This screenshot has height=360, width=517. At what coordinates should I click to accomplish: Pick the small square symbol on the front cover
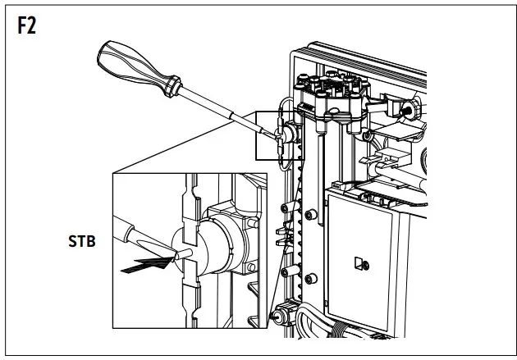359,264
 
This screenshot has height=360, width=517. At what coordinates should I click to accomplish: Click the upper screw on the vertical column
309,214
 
